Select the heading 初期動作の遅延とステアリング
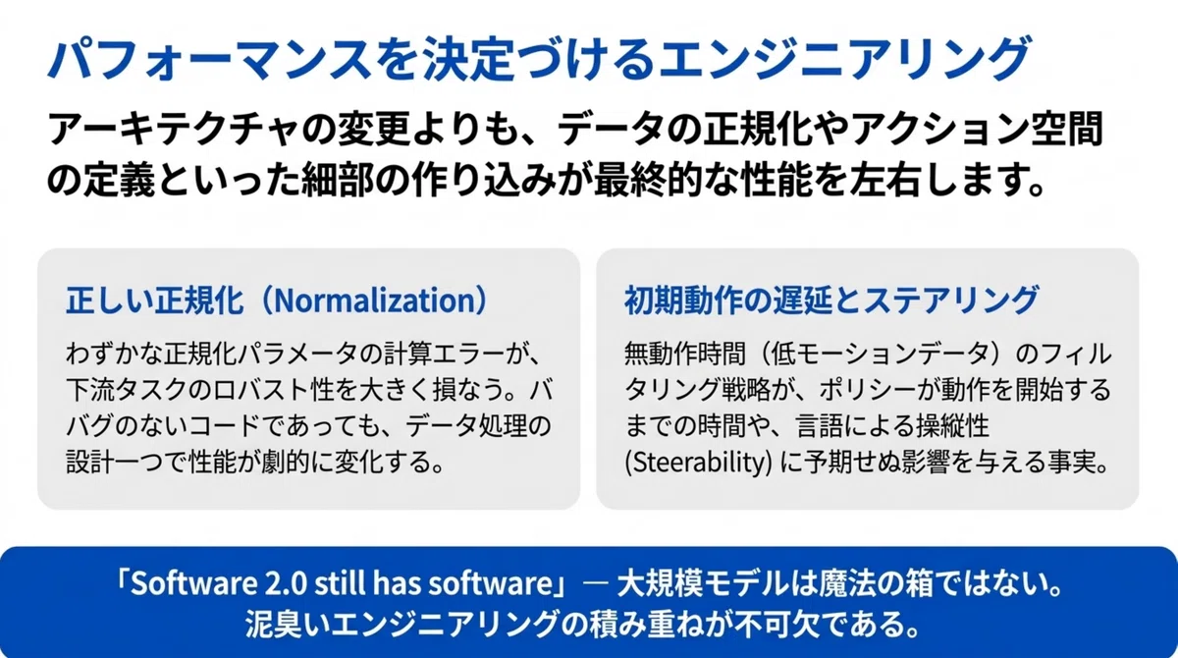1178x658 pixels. (831, 301)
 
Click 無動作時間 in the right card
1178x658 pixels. (685, 354)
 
